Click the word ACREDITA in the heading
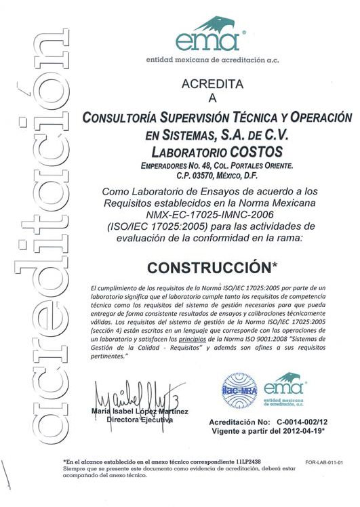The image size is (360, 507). pyautogui.click(x=212, y=84)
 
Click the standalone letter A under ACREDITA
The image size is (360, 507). pyautogui.click(x=212, y=98)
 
